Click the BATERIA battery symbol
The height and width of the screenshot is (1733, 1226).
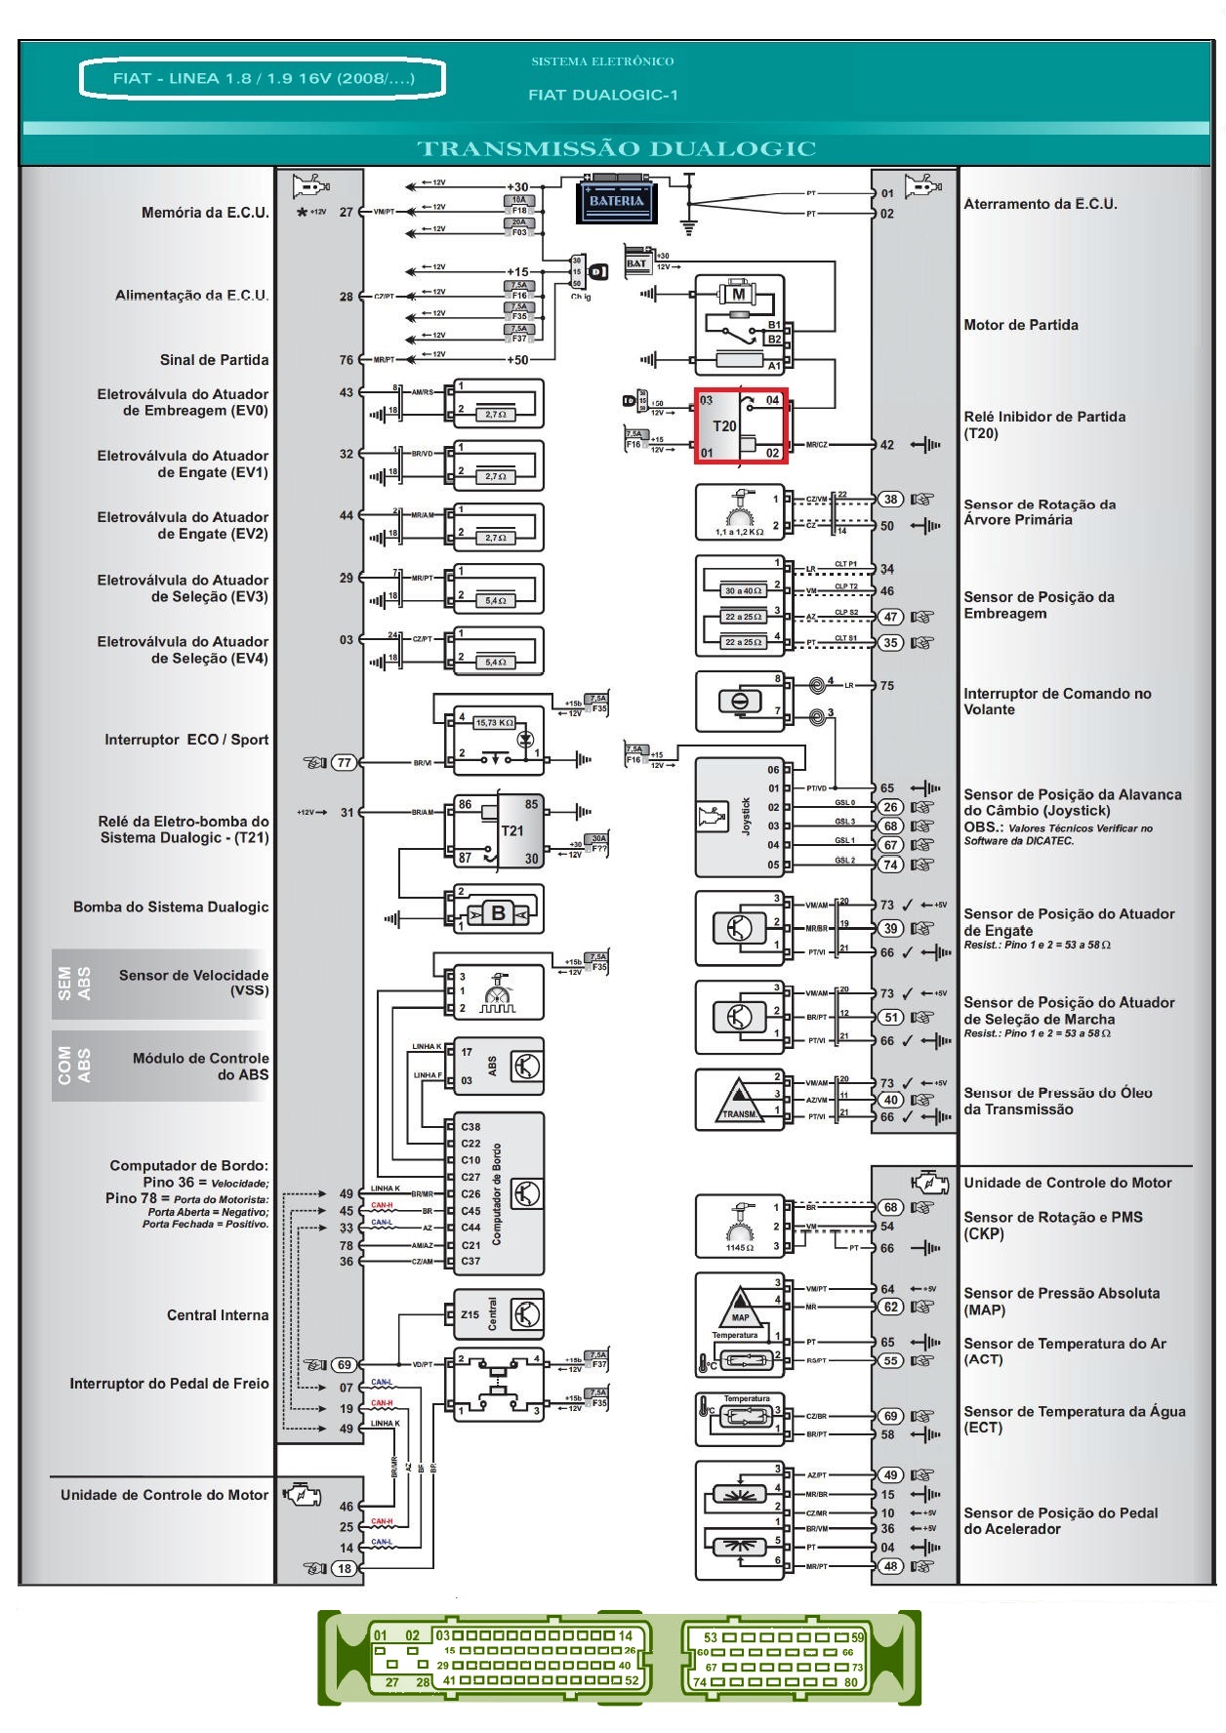pos(617,200)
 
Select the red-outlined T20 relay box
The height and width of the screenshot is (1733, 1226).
pos(741,425)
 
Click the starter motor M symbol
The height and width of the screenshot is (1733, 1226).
pos(739,293)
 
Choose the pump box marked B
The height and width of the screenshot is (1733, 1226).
pos(498,913)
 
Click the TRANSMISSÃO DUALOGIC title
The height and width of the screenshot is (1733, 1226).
pos(616,149)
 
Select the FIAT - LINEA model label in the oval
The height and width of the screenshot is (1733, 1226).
pos(263,78)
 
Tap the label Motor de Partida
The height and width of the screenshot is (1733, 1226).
pos(1021,325)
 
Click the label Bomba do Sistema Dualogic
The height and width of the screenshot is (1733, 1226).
pos(171,907)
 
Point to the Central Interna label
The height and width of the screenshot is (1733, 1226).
pos(217,1315)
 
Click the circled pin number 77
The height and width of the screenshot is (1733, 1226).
pos(345,763)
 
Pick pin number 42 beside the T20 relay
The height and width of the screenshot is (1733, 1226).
pos(886,445)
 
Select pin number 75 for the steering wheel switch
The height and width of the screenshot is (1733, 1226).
pos(886,685)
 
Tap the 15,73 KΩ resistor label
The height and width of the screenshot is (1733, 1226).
pos(494,723)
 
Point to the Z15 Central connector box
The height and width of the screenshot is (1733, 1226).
pos(496,1314)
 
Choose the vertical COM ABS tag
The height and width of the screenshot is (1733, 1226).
pos(74,1066)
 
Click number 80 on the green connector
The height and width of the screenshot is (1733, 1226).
pos(851,1681)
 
